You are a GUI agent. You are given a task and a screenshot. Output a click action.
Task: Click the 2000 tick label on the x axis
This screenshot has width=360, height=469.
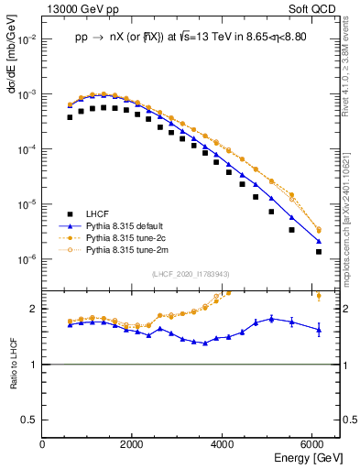[x=133, y=444]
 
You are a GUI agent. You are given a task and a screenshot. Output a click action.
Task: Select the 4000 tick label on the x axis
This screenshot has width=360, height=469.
[x=224, y=444]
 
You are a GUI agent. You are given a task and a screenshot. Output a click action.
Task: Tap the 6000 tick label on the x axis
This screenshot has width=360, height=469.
[x=313, y=444]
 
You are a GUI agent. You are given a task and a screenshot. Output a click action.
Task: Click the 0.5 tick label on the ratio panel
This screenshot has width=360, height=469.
[x=31, y=420]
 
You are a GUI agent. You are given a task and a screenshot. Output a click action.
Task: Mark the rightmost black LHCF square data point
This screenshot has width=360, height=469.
[x=318, y=251]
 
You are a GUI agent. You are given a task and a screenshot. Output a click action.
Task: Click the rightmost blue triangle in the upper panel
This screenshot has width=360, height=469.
[x=318, y=241]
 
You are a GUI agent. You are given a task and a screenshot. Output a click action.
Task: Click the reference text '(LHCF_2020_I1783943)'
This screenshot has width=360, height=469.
[x=191, y=275]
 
